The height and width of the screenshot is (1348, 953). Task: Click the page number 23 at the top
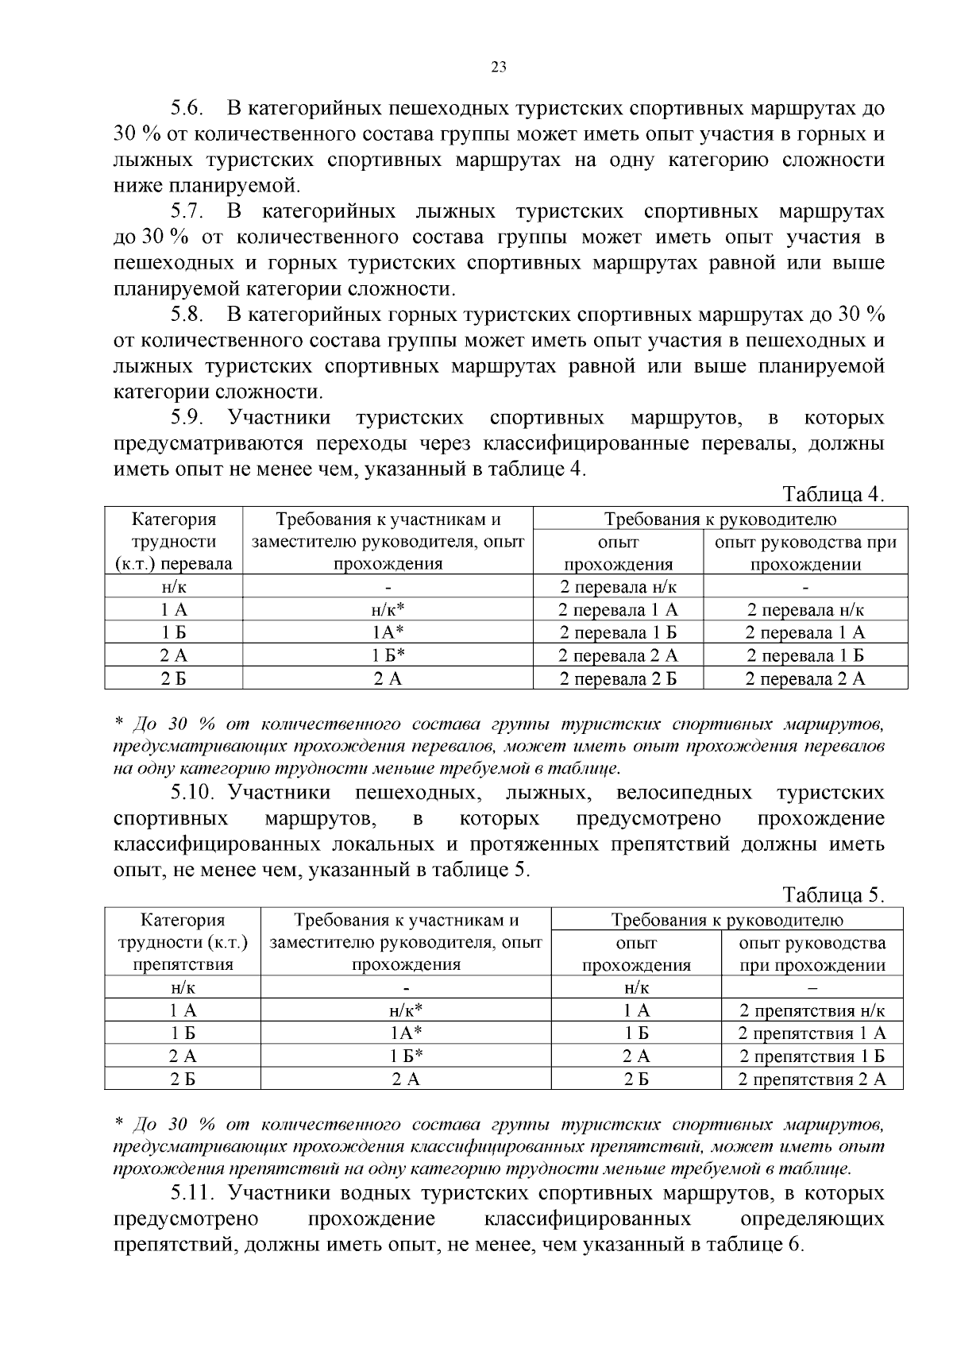[499, 67]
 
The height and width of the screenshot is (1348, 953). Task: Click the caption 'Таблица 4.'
[833, 494]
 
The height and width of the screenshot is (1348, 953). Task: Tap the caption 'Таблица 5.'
[833, 895]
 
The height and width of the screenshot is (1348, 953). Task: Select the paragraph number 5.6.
[189, 108]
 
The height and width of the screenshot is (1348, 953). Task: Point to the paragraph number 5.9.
[189, 418]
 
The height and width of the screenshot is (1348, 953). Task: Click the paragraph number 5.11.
[193, 1193]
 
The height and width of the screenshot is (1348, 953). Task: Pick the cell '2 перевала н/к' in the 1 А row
[805, 610]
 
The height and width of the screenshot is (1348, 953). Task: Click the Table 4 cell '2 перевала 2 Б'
[618, 678]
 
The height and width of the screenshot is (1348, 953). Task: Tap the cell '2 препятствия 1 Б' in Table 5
[812, 1056]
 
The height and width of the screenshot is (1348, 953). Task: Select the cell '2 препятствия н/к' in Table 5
[812, 1011]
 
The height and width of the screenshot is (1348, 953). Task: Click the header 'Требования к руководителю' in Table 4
[720, 520]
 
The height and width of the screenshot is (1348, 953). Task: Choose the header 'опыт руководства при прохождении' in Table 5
[812, 954]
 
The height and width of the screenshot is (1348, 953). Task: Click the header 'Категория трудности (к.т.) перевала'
[173, 542]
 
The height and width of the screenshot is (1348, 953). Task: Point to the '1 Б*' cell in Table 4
[388, 656]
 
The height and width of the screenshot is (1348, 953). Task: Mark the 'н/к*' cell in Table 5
[406, 1011]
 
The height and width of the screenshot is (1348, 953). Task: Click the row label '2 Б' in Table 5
[183, 1079]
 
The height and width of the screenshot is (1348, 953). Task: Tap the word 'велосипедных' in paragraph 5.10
[684, 793]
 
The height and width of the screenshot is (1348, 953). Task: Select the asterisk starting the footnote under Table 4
[119, 724]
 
